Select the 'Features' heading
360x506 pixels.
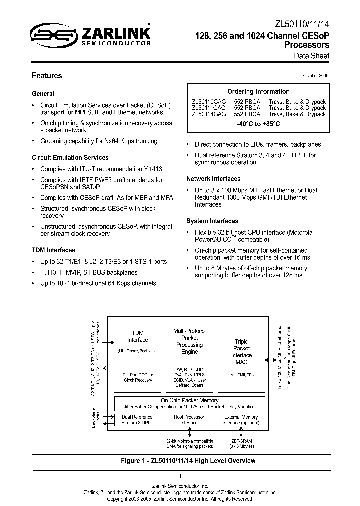pyautogui.click(x=47, y=76)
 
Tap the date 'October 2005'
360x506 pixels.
pyautogui.click(x=316, y=76)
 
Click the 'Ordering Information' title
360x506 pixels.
pyautogui.click(x=258, y=92)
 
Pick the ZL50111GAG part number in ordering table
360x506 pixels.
pyautogui.click(x=209, y=108)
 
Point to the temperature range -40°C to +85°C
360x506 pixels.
pyautogui.click(x=258, y=123)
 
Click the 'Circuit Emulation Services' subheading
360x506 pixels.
pyautogui.click(x=70, y=158)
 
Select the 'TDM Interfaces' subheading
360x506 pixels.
pyautogui.click(x=54, y=250)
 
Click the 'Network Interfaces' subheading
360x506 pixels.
pyautogui.click(x=213, y=179)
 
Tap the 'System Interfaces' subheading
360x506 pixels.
pyautogui.click(x=212, y=221)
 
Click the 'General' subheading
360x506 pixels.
pyautogui.click(x=43, y=94)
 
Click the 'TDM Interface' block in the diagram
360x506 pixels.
pyautogui.click(x=137, y=336)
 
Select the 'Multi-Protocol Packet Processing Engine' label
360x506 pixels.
pyautogui.click(x=189, y=341)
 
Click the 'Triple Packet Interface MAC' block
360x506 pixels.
pyautogui.click(x=241, y=352)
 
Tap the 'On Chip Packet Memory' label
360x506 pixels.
pyautogui.click(x=189, y=400)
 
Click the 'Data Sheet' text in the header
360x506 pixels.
pyautogui.click(x=311, y=56)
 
